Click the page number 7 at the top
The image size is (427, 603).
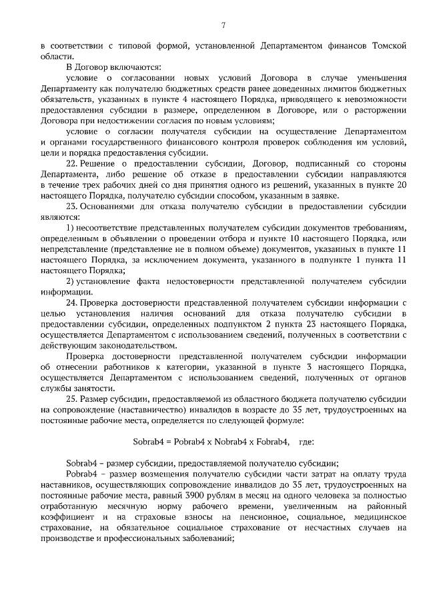coord(224,26)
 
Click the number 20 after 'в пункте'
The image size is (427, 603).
coord(400,185)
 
